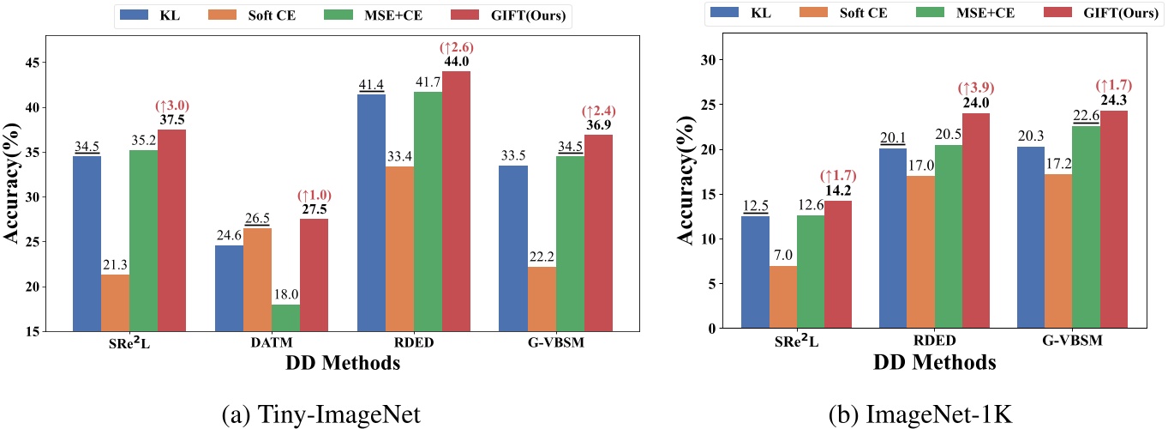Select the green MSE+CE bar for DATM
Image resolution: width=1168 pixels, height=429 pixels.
[285, 317]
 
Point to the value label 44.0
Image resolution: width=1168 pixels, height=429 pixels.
[456, 62]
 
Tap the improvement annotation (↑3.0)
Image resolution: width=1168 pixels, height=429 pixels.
[171, 106]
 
